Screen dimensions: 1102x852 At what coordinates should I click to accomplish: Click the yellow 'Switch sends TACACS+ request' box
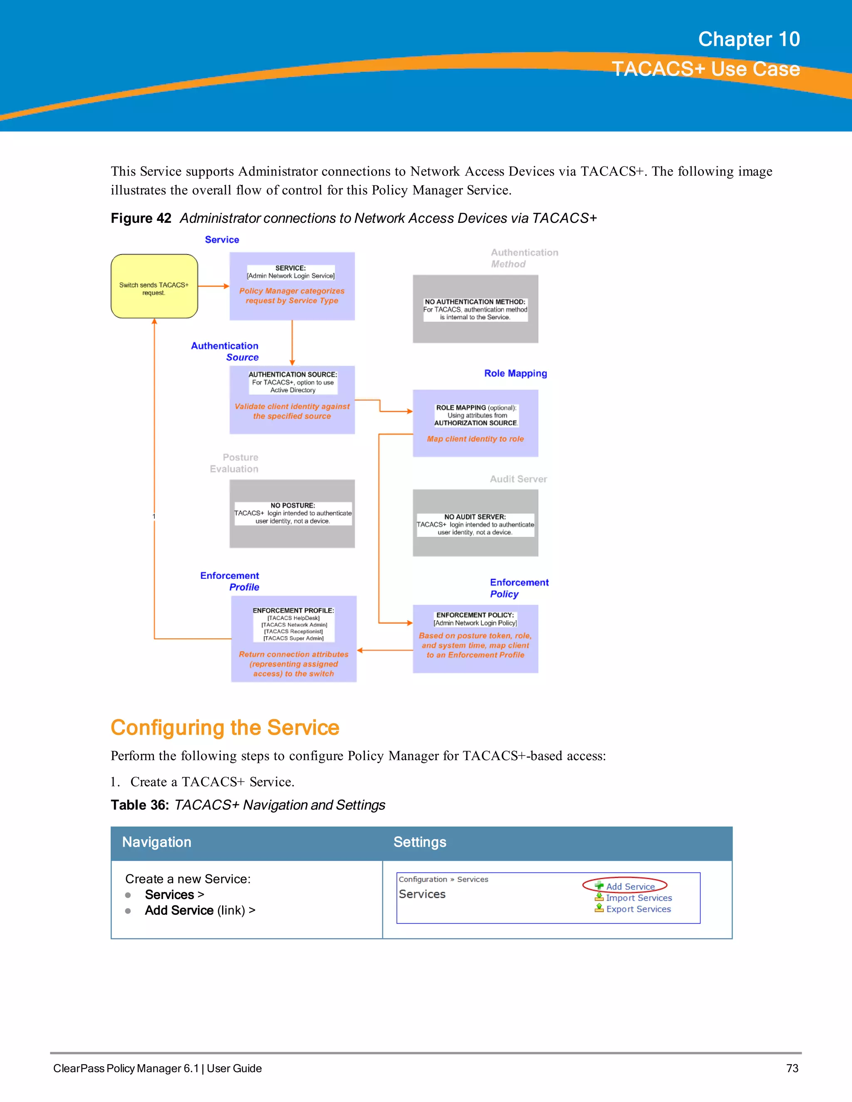pyautogui.click(x=154, y=286)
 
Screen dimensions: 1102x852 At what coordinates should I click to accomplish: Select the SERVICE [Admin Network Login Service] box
pyautogui.click(x=292, y=286)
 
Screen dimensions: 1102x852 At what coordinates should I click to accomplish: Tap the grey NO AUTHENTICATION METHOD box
pyautogui.click(x=475, y=309)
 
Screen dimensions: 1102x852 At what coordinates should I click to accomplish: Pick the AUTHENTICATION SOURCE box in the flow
pyautogui.click(x=292, y=400)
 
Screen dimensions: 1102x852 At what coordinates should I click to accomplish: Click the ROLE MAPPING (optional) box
pyautogui.click(x=475, y=423)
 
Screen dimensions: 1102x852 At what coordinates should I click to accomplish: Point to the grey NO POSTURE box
pyautogui.click(x=292, y=513)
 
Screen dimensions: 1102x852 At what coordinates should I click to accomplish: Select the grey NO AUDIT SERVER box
pyautogui.click(x=475, y=523)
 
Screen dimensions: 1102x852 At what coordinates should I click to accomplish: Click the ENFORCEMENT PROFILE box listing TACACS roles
pyautogui.click(x=293, y=639)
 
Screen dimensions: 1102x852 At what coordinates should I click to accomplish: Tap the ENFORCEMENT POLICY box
pyautogui.click(x=475, y=639)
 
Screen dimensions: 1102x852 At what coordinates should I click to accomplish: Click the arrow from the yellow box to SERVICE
pyautogui.click(x=213, y=286)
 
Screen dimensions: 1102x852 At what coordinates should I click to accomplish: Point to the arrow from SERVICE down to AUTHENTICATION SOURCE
pyautogui.click(x=292, y=343)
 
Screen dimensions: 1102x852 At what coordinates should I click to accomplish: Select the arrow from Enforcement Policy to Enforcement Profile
pyautogui.click(x=385, y=650)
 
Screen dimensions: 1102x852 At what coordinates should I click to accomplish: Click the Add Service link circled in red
pyautogui.click(x=630, y=887)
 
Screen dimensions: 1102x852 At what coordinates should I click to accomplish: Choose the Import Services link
pyautogui.click(x=639, y=898)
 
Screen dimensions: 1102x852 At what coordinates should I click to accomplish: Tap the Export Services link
pyautogui.click(x=638, y=909)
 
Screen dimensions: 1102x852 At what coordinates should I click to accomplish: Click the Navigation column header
pyautogui.click(x=156, y=842)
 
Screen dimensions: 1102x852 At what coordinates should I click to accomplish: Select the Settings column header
pyautogui.click(x=420, y=842)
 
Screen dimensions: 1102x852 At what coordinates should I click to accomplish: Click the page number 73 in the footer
pyautogui.click(x=792, y=1068)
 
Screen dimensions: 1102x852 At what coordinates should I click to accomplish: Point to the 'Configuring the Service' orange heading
pyautogui.click(x=225, y=728)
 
